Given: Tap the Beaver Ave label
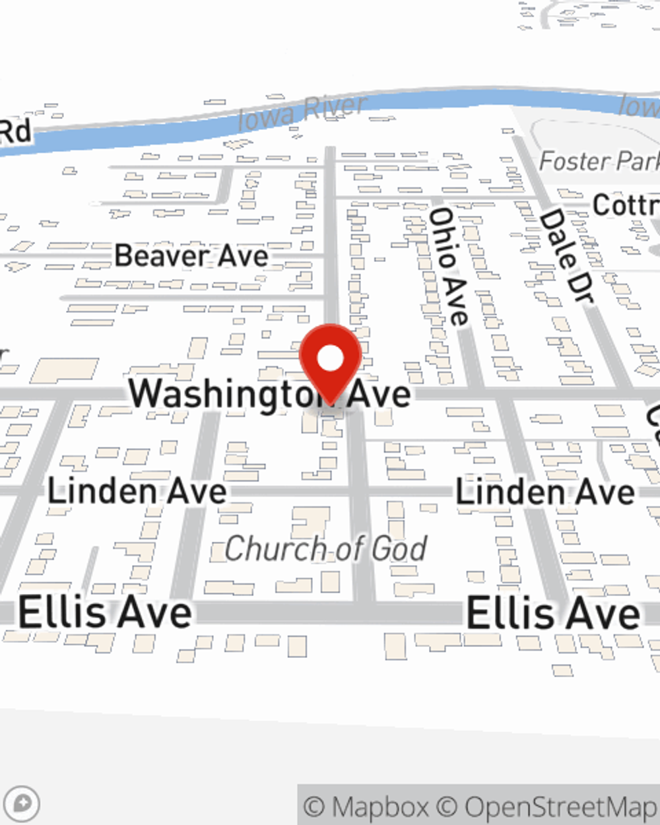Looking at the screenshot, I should pyautogui.click(x=191, y=256).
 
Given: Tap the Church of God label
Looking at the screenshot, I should pyautogui.click(x=326, y=549).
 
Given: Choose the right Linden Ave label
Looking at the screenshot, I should pyautogui.click(x=545, y=493).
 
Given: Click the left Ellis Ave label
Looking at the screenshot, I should pyautogui.click(x=106, y=612).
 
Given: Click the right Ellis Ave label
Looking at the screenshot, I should pyautogui.click(x=553, y=613).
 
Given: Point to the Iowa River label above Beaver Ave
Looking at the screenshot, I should pyautogui.click(x=302, y=114).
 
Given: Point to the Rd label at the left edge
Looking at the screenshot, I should pyautogui.click(x=15, y=131).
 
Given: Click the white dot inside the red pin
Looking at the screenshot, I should pyautogui.click(x=331, y=359).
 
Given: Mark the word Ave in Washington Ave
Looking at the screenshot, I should pyautogui.click(x=379, y=395).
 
